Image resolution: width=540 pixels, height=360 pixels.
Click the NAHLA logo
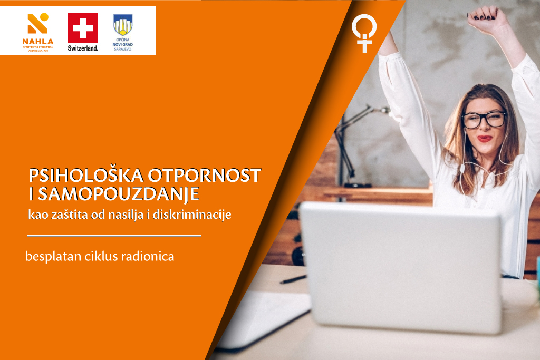click(38, 32)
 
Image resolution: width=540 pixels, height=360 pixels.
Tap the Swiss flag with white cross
click(83, 28)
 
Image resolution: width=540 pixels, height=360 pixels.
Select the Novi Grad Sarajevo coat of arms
click(123, 25)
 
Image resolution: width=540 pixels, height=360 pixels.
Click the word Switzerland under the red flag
click(83, 48)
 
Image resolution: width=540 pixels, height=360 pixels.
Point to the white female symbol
click(364, 33)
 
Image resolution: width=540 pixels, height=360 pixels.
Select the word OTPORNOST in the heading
click(205, 176)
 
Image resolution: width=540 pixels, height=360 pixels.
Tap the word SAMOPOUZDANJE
click(119, 194)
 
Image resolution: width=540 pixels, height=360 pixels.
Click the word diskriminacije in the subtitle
click(192, 215)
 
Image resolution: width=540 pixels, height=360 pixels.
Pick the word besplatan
click(53, 257)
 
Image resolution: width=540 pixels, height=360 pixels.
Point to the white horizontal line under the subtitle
click(114, 236)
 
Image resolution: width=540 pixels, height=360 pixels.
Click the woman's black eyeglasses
click(484, 120)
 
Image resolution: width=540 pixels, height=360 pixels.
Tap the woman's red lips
click(485, 138)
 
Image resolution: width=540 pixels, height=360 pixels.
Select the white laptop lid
click(401, 267)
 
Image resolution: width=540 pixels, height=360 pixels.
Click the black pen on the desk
click(293, 279)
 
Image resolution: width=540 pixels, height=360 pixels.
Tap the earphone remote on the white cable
click(462, 168)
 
